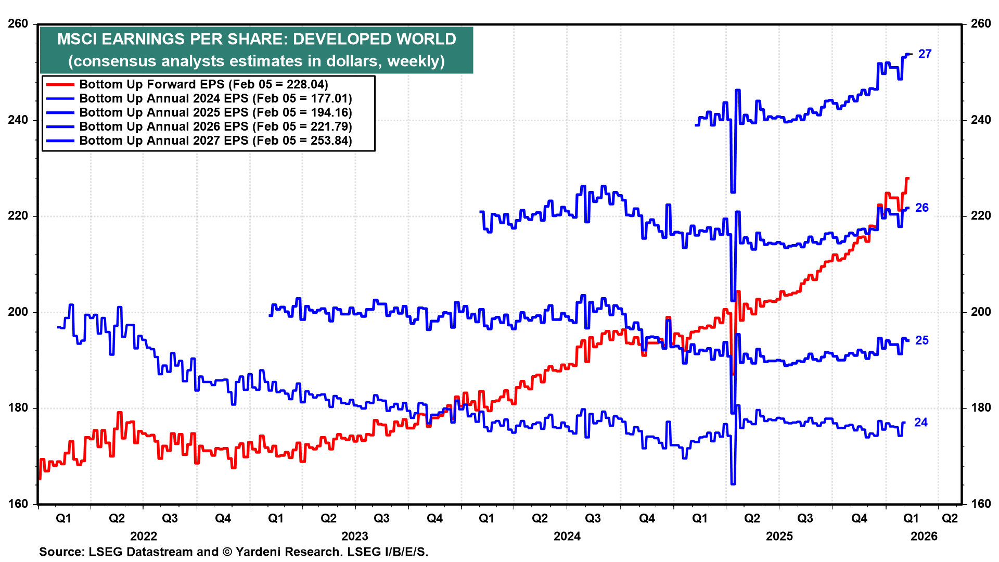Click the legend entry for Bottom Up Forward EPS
pyautogui.click(x=203, y=84)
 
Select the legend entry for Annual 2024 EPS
pyautogui.click(x=215, y=98)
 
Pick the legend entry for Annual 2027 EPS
pyautogui.click(x=215, y=140)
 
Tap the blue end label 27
pyautogui.click(x=925, y=54)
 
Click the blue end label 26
pyautogui.click(x=921, y=208)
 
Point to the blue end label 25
pyautogui.click(x=921, y=340)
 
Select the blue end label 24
pyautogui.click(x=920, y=423)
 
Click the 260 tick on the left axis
pyautogui.click(x=18, y=24)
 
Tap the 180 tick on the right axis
pyautogui.click(x=980, y=408)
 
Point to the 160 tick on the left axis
pyautogui.click(x=18, y=504)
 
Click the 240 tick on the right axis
pyautogui.click(x=980, y=120)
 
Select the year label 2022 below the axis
pyautogui.click(x=143, y=537)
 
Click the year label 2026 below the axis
pyautogui.click(x=924, y=537)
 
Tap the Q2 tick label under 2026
pyautogui.click(x=950, y=518)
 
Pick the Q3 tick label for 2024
pyautogui.click(x=593, y=518)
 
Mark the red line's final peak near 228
pyautogui.click(x=907, y=178)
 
